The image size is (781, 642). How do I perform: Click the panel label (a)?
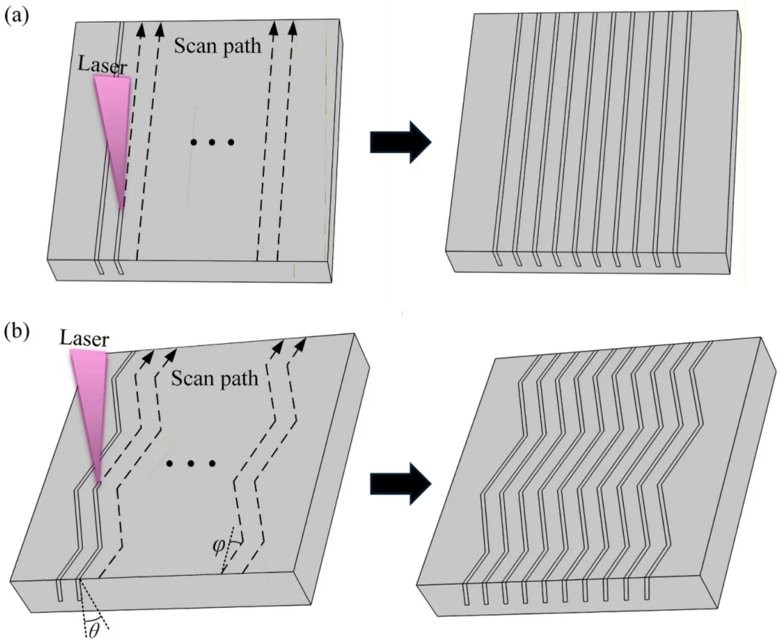point(16,16)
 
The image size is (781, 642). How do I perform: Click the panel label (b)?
point(16,334)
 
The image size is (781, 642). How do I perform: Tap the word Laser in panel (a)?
point(102,65)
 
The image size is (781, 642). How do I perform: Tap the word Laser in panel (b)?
point(84,338)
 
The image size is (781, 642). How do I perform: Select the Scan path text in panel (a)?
point(218,46)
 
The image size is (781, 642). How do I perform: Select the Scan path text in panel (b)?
point(214,378)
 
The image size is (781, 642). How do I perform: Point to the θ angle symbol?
point(93,630)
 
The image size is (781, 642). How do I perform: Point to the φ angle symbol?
point(219,545)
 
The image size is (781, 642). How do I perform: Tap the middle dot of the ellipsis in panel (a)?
point(212,142)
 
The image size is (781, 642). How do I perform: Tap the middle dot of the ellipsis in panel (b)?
point(191,463)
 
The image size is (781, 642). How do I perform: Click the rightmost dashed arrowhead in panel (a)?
point(293,27)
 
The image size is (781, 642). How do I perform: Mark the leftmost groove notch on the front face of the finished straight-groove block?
point(497,259)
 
